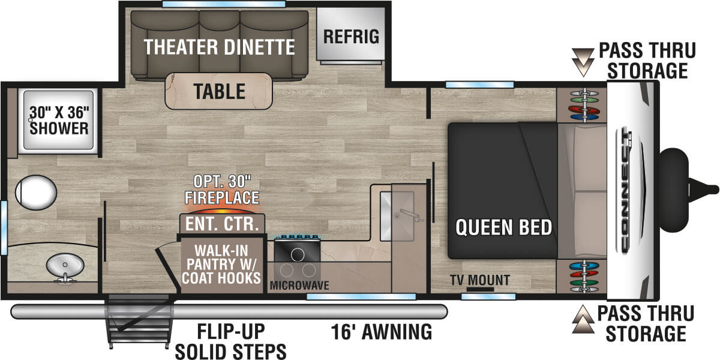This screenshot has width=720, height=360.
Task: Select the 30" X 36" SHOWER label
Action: point(59,119)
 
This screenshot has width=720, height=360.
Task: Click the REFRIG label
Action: point(351,36)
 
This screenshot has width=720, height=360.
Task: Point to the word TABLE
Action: point(219,91)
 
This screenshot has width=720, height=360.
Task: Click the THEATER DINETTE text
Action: point(220,47)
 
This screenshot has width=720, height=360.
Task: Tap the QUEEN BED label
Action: point(503,227)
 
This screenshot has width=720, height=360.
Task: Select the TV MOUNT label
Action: point(479,280)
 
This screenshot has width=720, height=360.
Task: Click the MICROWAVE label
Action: point(299,285)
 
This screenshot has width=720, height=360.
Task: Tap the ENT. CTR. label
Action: point(221,225)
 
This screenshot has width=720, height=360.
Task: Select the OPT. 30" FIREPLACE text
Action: point(222,190)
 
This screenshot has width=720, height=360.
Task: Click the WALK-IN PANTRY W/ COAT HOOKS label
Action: point(223,263)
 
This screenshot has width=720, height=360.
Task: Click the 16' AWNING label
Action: point(381,331)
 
